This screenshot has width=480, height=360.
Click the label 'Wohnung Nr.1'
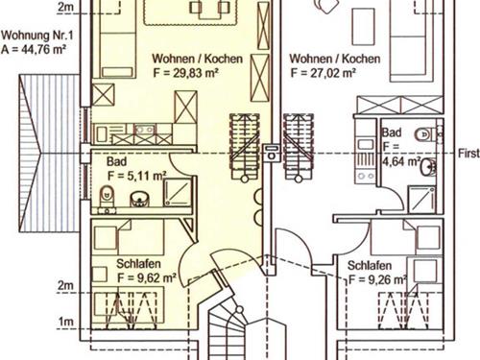37,36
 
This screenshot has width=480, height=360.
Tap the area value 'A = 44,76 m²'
34,50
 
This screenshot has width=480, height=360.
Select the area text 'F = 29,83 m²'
185,73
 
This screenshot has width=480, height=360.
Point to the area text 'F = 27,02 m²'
324,73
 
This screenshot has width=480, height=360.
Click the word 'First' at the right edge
468,154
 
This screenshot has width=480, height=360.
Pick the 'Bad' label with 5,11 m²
116,161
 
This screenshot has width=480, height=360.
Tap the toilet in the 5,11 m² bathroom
107,196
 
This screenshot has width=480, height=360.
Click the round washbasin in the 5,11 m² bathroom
139,199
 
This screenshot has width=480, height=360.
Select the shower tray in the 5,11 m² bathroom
178,192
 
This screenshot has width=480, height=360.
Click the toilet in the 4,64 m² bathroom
424,134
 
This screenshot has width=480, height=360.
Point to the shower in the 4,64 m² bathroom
422,200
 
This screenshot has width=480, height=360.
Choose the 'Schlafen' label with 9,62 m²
138,264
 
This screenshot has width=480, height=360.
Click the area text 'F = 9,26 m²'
377,280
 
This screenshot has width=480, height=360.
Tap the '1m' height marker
65,322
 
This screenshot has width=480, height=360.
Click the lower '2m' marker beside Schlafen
65,285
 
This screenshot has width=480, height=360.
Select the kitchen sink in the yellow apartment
144,130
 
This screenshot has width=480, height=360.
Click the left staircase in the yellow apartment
245,147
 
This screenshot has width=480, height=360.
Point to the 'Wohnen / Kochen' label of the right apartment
335,59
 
